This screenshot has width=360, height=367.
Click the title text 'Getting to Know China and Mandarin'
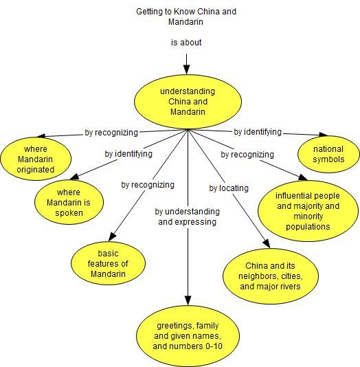coord(186,16)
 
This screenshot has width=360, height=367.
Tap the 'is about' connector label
coord(186,43)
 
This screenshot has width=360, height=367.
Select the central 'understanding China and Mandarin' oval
coord(188,102)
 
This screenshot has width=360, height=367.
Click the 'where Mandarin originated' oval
coord(36,159)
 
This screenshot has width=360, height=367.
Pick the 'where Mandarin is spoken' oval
coord(69,203)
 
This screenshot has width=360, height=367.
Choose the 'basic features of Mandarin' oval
coord(108,263)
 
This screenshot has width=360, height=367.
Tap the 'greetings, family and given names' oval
coord(188,336)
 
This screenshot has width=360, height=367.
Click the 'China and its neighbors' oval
coord(271,276)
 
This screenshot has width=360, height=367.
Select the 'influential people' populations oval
coord(308,211)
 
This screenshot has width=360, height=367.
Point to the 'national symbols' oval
coord(328,154)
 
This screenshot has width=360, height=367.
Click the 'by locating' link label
coord(229,188)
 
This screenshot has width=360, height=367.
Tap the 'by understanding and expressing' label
coord(188,216)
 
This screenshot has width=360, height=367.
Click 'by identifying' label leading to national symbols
coord(258,132)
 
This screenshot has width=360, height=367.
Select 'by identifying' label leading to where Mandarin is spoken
coord(128,154)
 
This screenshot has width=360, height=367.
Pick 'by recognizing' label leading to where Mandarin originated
coord(111,133)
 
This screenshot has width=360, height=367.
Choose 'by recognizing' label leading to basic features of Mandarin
coord(148,185)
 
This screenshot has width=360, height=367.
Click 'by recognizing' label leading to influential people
coord(247,155)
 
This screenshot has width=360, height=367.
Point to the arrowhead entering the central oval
coord(186,69)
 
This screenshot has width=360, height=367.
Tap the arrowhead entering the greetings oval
coord(188,300)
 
